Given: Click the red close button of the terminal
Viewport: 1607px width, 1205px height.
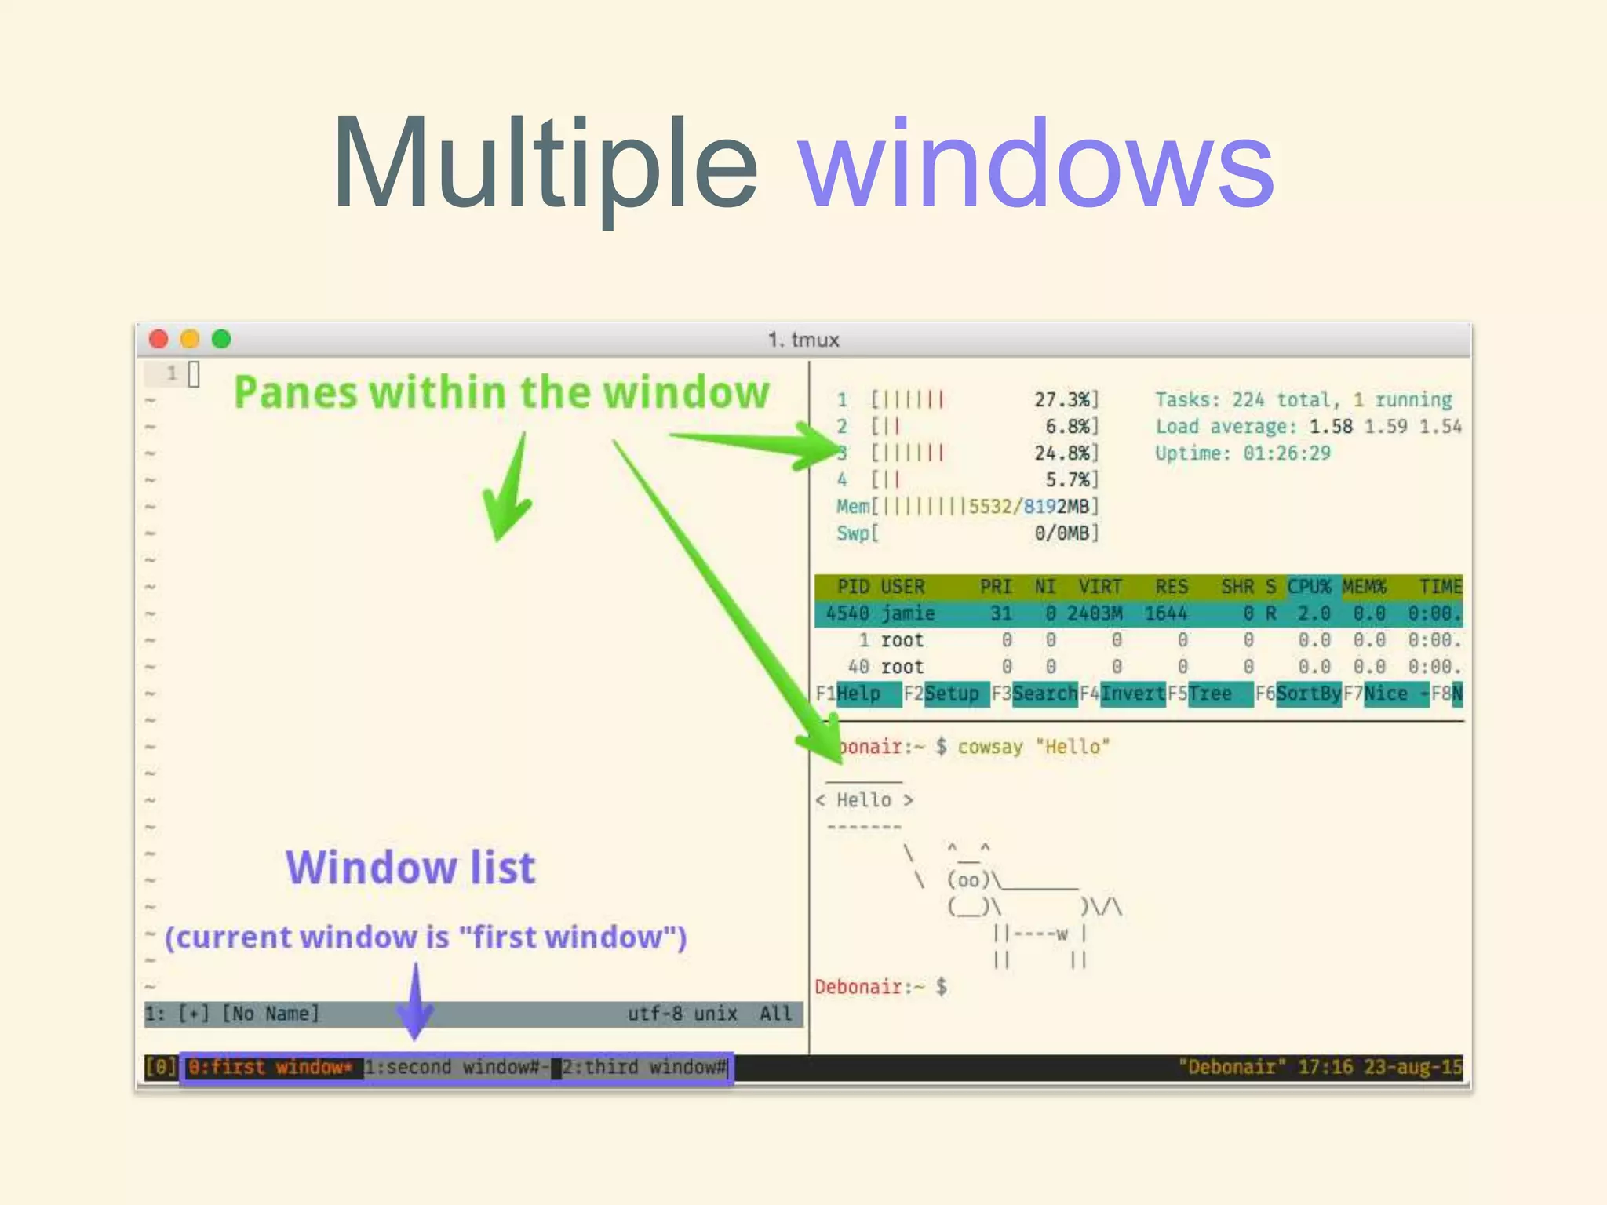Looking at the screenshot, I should pos(159,339).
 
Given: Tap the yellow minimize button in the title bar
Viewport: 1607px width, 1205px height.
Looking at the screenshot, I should pos(190,339).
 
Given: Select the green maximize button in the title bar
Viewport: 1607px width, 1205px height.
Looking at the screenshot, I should pos(222,339).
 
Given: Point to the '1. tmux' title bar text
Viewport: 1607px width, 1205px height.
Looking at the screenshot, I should pos(803,340).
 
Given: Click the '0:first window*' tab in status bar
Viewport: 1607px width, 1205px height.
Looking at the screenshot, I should pos(271,1068).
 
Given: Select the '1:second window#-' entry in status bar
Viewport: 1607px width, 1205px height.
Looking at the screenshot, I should pos(456,1068).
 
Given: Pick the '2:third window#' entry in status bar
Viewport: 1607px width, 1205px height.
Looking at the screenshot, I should pos(644,1068).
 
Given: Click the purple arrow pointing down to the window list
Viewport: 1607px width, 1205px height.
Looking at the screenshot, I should pos(416,1004).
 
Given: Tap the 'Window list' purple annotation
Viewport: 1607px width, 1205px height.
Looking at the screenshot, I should pos(410,868).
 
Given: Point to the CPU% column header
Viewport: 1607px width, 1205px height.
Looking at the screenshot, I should pos(1309,587).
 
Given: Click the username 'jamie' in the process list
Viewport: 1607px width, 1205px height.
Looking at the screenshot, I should pos(908,613).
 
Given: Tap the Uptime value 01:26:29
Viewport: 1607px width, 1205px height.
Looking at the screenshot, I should pos(1287,453).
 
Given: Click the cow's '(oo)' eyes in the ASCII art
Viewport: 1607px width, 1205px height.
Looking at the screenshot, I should pos(968,880).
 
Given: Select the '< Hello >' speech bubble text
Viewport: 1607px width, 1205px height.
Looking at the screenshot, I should pos(864,800).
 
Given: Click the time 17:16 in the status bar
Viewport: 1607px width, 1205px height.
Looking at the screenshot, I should pos(1325,1068).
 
